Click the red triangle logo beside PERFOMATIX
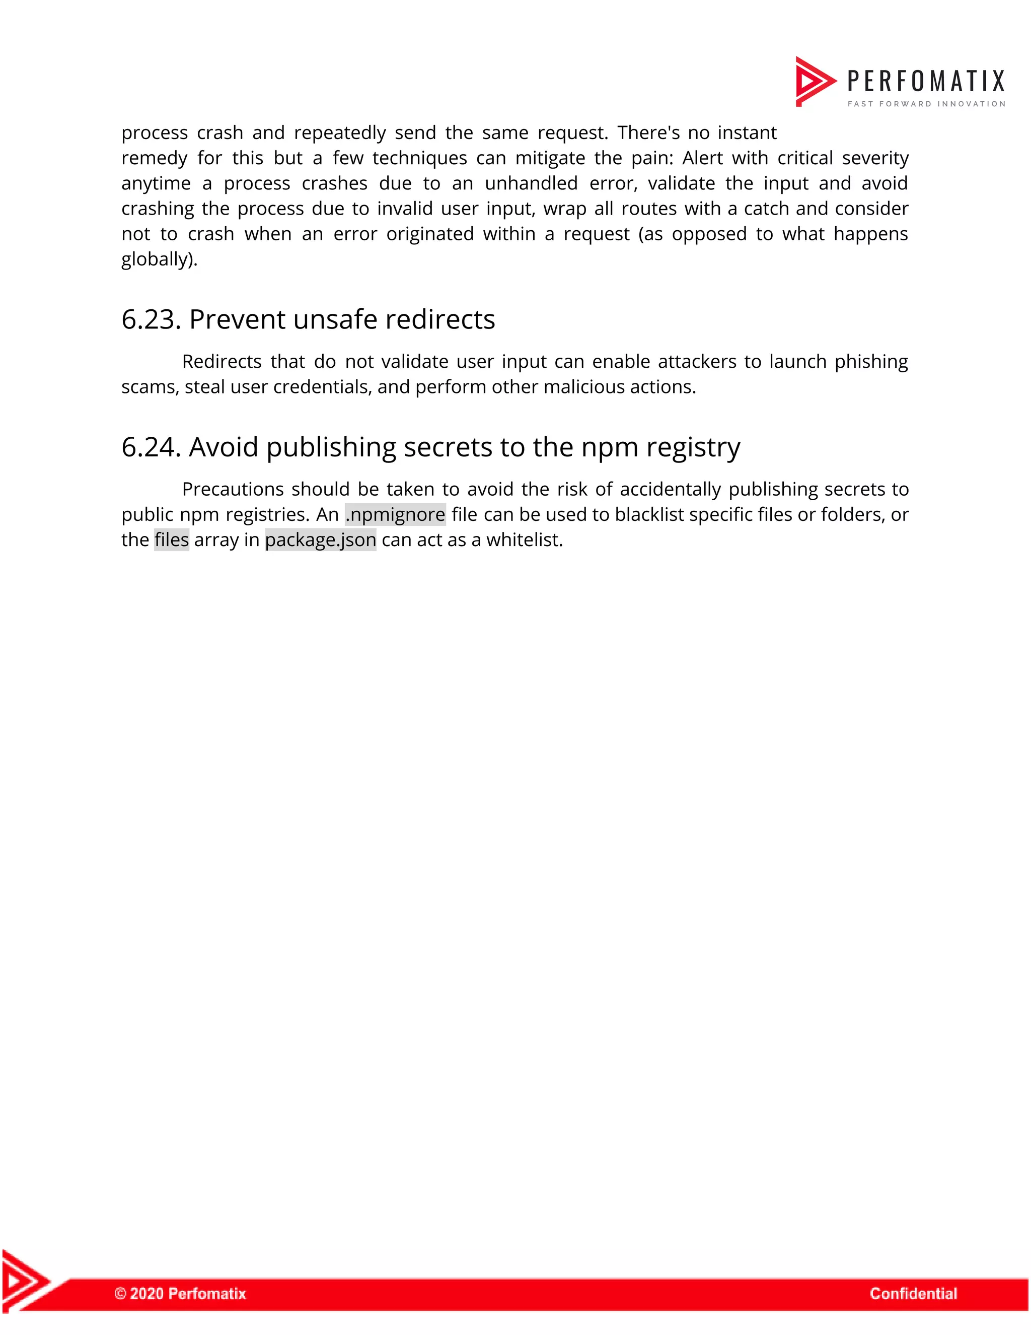tap(814, 81)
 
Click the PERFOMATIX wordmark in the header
tap(925, 81)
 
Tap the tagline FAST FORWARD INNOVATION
tap(926, 104)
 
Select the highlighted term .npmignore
tap(395, 515)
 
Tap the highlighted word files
tap(172, 540)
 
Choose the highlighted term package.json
tap(321, 540)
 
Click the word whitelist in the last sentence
tap(524, 540)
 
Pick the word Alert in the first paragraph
tap(702, 158)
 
